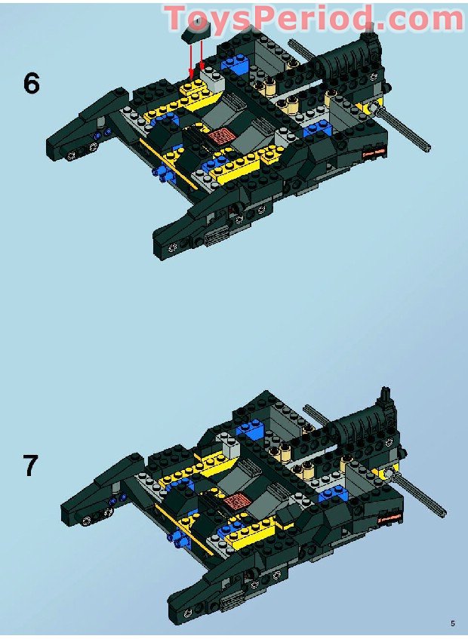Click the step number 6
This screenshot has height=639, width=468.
coord(31,84)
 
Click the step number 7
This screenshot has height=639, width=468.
coord(29,465)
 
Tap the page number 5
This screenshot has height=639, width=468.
coord(452,623)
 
